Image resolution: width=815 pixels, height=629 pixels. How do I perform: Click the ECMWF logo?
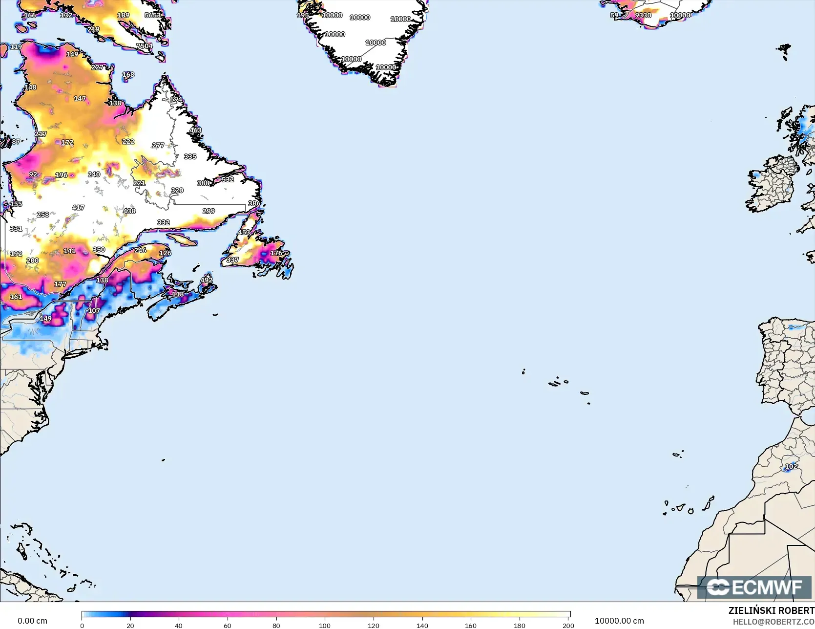754,587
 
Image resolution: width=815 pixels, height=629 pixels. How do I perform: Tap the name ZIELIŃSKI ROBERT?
771,610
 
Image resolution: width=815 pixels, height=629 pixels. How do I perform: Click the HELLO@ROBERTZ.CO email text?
773,621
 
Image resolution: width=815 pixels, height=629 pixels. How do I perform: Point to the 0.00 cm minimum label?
32,621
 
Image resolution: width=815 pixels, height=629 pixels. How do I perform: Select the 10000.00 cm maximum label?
619,621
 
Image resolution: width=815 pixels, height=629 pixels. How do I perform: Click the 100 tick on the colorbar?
325,625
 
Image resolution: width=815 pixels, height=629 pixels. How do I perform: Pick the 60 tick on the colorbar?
228,625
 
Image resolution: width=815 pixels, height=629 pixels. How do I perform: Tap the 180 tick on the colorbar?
520,625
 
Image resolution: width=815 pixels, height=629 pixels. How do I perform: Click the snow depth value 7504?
145,46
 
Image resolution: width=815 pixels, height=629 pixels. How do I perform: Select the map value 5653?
153,15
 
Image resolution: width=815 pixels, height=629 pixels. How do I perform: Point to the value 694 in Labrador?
176,99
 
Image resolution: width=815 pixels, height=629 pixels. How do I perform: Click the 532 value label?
228,179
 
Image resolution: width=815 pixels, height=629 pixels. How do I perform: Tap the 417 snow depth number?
78,208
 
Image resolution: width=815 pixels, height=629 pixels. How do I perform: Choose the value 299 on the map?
209,211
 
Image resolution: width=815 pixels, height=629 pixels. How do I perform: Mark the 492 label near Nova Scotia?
207,280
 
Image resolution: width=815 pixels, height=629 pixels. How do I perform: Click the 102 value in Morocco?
791,466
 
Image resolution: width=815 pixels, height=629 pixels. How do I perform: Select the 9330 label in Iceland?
643,15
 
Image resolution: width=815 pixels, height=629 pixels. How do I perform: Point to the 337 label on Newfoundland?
232,260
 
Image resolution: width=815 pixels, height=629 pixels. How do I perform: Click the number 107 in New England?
94,311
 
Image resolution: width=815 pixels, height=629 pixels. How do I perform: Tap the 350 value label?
99,250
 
